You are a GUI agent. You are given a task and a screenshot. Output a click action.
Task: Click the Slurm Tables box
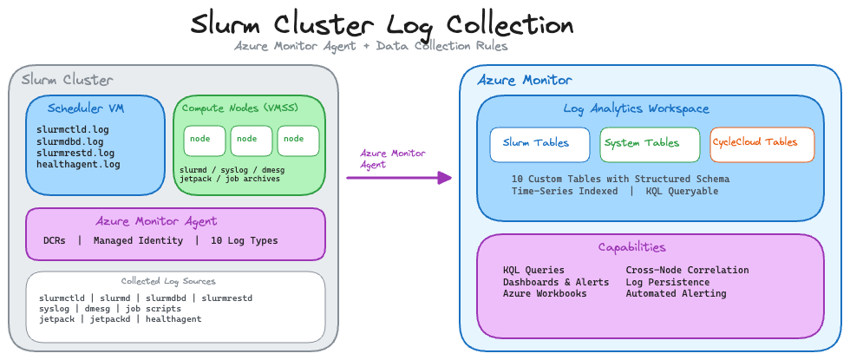pyautogui.click(x=539, y=144)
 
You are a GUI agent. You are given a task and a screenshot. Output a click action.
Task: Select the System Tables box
pyautogui.click(x=649, y=144)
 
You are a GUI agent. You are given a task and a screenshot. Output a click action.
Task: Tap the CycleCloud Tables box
pyautogui.click(x=762, y=144)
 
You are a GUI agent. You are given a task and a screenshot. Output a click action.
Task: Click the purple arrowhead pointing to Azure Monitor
pyautogui.click(x=445, y=178)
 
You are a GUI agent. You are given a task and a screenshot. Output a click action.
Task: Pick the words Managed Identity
pyautogui.click(x=139, y=240)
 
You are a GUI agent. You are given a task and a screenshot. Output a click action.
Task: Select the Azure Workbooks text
pyautogui.click(x=545, y=294)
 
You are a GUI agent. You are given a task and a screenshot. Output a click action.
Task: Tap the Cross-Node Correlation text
pyautogui.click(x=687, y=270)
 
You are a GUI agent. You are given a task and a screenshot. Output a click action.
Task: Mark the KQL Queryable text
pyautogui.click(x=682, y=191)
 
